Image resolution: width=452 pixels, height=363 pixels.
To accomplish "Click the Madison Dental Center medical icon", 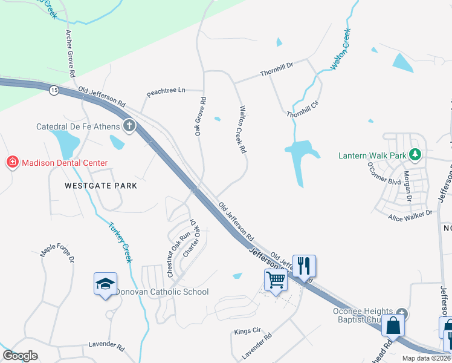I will click(x=12, y=163).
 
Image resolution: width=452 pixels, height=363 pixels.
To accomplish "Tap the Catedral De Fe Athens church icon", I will click(x=129, y=126).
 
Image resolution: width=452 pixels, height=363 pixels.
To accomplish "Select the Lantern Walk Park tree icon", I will click(x=415, y=155).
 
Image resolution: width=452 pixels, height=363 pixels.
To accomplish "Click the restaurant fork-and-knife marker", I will click(x=304, y=265).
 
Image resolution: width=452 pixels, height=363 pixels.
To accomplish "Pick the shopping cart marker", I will click(x=276, y=280).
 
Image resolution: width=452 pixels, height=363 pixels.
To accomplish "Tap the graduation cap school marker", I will click(x=105, y=283).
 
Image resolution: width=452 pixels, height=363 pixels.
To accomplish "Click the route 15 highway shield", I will click(x=54, y=90).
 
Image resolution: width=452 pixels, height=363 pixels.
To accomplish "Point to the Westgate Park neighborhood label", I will click(x=101, y=186).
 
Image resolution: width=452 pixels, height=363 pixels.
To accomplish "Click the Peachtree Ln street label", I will click(x=166, y=92).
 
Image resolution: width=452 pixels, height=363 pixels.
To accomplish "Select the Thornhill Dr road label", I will click(x=276, y=73).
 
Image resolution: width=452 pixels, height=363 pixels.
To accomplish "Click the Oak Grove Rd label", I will click(x=200, y=116).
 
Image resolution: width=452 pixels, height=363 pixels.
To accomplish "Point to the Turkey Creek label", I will click(x=120, y=242).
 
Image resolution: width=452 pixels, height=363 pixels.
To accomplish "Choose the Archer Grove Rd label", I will click(x=70, y=54).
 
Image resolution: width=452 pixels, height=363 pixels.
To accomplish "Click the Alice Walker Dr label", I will click(x=411, y=213).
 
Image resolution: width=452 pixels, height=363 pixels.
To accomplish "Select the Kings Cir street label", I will click(x=247, y=332).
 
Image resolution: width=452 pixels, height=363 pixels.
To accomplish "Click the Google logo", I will click(x=21, y=356).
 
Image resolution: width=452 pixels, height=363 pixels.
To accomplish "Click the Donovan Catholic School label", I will click(x=161, y=292).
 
